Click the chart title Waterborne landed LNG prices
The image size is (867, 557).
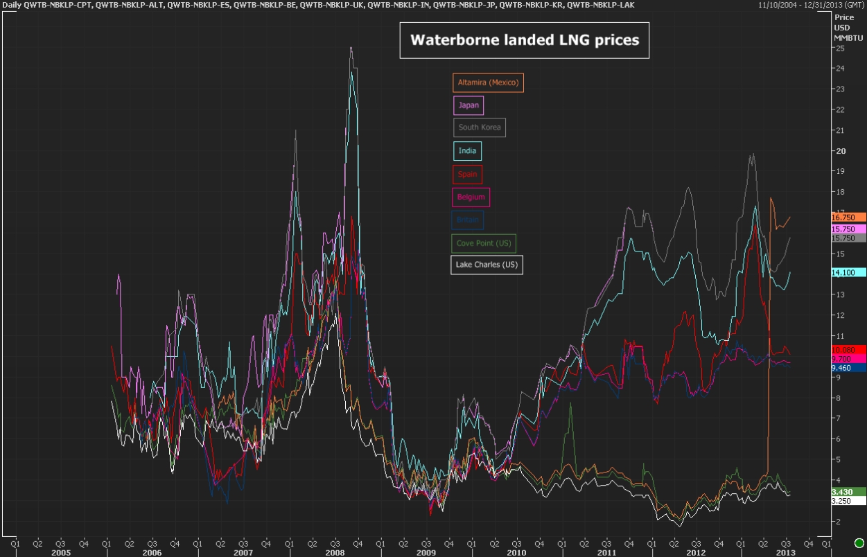[524, 40]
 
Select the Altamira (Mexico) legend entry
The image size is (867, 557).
[488, 83]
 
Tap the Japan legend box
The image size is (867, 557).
[468, 105]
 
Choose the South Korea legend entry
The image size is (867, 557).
[479, 127]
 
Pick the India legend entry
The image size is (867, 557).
[467, 150]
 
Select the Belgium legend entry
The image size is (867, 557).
[471, 197]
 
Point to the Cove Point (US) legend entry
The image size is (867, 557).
[484, 243]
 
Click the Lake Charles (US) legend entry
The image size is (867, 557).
[487, 265]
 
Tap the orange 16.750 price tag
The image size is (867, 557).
[848, 217]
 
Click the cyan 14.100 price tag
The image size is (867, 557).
[848, 273]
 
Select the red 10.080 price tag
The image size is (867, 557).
[848, 350]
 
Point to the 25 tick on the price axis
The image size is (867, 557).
[839, 48]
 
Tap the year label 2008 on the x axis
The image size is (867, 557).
[335, 553]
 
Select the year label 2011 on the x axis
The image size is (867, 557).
[606, 553]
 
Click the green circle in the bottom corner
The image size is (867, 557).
[859, 542]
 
